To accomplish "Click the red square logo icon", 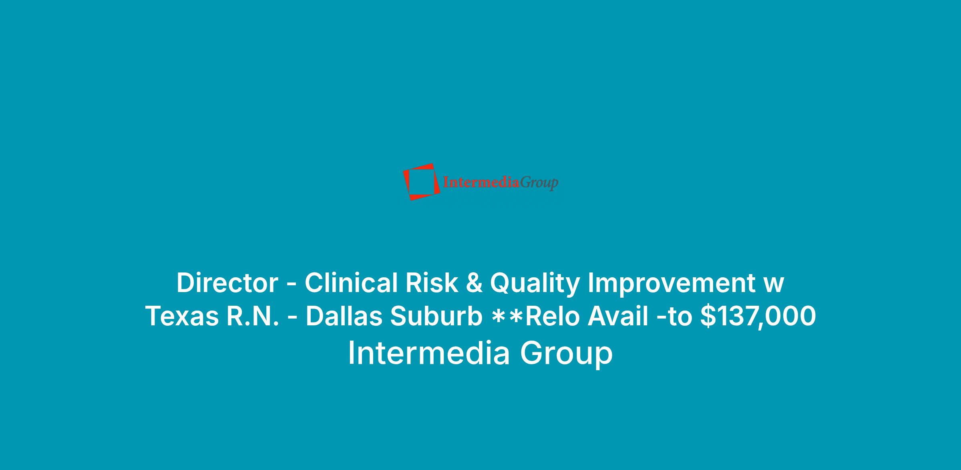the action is click(x=421, y=182).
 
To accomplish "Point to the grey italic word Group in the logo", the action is click(x=539, y=183).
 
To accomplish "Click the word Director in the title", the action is click(x=227, y=283).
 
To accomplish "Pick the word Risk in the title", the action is click(x=432, y=283).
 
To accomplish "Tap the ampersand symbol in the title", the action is click(x=474, y=283).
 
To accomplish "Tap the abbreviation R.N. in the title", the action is click(x=253, y=316).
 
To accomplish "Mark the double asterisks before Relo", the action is click(x=508, y=315).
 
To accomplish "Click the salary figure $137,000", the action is click(x=758, y=316).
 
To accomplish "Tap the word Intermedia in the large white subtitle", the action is click(x=429, y=353).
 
